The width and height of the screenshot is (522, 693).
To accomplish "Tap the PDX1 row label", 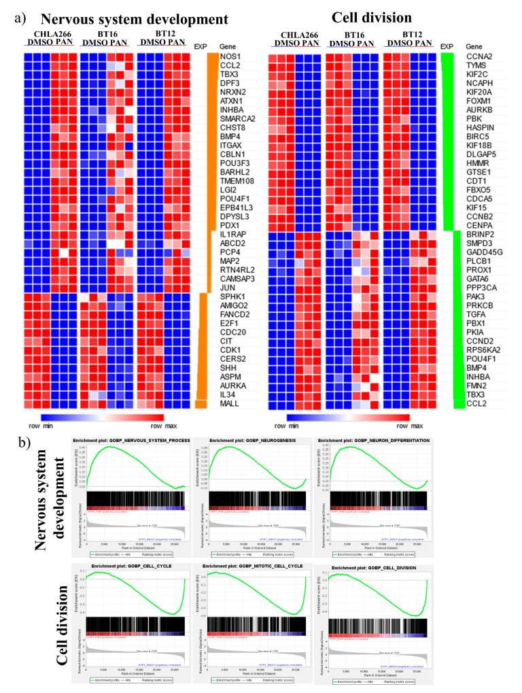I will click(x=230, y=224).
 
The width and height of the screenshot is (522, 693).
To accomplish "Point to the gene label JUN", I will click(x=228, y=288).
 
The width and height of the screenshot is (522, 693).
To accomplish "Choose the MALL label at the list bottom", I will click(x=230, y=404).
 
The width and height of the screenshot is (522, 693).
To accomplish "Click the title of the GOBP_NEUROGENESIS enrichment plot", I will click(x=255, y=442).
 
